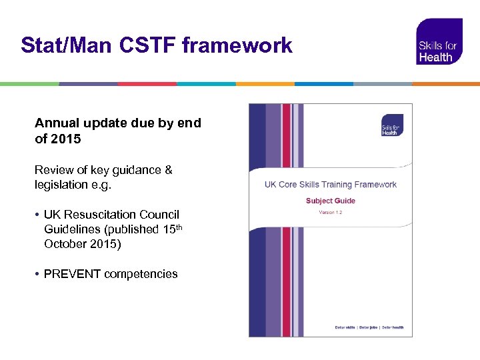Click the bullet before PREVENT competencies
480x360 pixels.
(38, 274)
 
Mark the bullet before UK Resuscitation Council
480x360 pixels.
(38, 215)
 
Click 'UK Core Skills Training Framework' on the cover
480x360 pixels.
(331, 185)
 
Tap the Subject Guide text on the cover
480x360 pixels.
(331, 201)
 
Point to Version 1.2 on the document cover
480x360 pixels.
(331, 213)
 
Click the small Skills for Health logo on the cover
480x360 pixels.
(391, 125)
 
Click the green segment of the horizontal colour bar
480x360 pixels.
(29, 84)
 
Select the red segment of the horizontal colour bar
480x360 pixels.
(147, 84)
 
